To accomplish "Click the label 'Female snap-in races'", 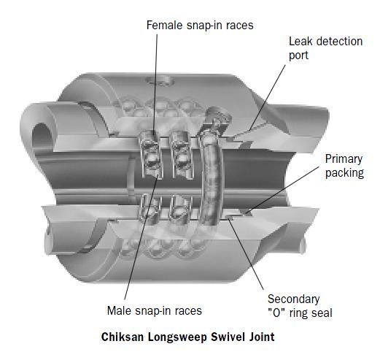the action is pyautogui.click(x=200, y=26).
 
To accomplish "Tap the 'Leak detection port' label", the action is pyautogui.click(x=325, y=48).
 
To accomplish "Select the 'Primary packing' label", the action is pyautogui.click(x=344, y=166).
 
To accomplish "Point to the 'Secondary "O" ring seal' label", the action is pyautogui.click(x=300, y=306).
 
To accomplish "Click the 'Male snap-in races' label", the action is pyautogui.click(x=155, y=310).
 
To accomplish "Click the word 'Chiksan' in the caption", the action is pyautogui.click(x=123, y=337).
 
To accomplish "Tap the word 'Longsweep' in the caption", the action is pyautogui.click(x=177, y=337).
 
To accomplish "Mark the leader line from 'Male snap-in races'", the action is pyautogui.click(x=141, y=237).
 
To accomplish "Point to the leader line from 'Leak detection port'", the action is pyautogui.click(x=268, y=97).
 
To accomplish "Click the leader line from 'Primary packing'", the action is pyautogui.click(x=282, y=190).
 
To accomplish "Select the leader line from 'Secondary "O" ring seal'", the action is pyautogui.click(x=246, y=254).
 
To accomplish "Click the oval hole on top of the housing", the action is pyautogui.click(x=160, y=80).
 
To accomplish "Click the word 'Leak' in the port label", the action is pyautogui.click(x=300, y=42).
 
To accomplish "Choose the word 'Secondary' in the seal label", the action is pyautogui.click(x=293, y=299).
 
